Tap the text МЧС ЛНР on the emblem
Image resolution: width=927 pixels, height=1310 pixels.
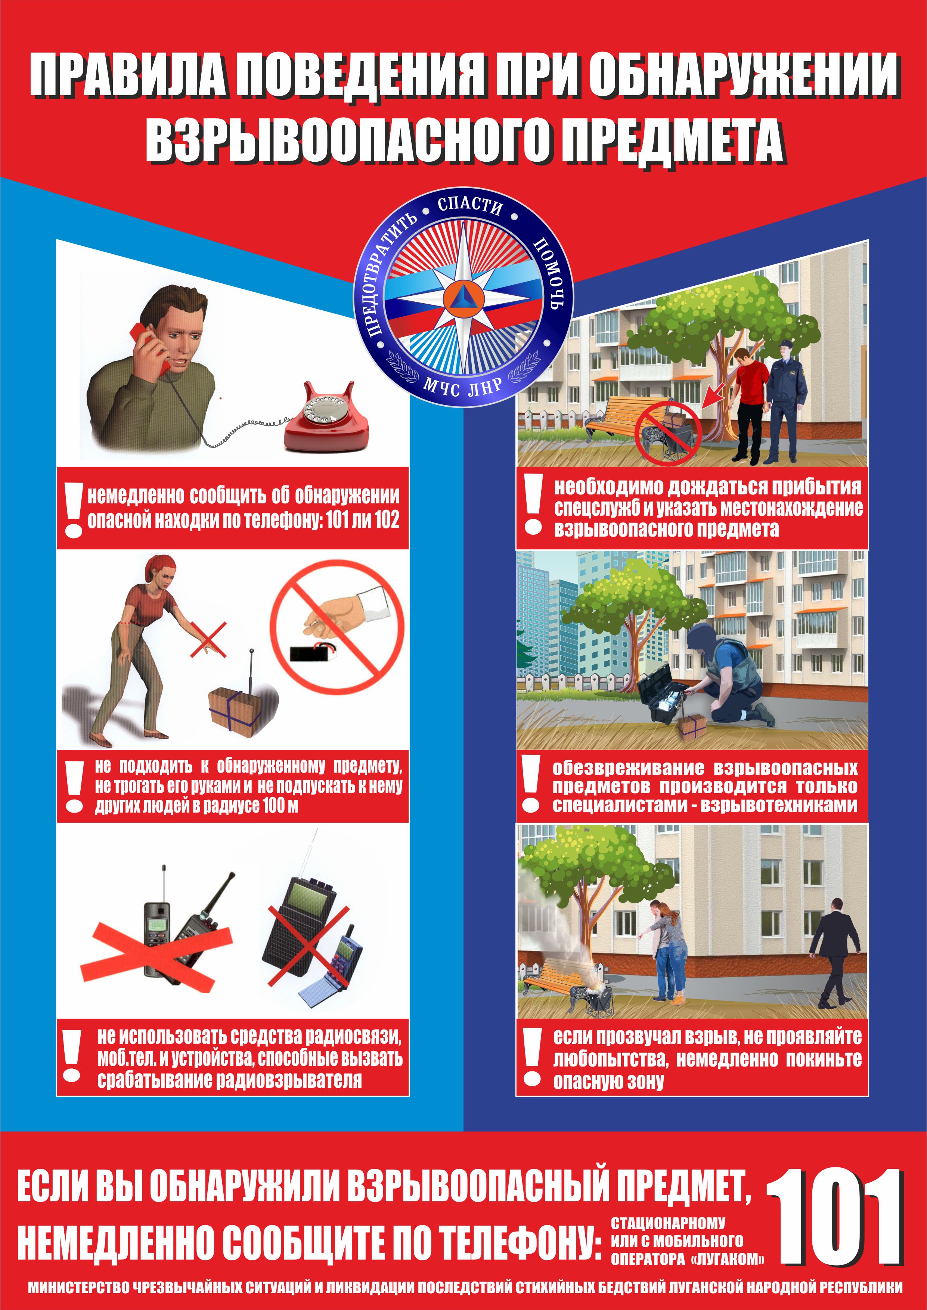[462, 387]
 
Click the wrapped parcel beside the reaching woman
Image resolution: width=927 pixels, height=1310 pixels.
[235, 709]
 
